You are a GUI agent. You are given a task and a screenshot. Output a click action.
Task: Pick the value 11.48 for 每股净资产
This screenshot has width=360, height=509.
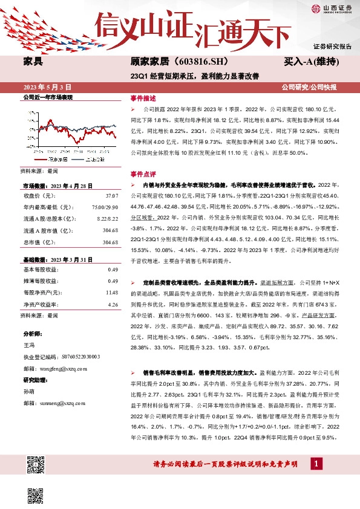[x=111, y=292]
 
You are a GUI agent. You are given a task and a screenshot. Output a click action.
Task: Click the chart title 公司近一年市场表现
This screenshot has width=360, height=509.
[x=48, y=97]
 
